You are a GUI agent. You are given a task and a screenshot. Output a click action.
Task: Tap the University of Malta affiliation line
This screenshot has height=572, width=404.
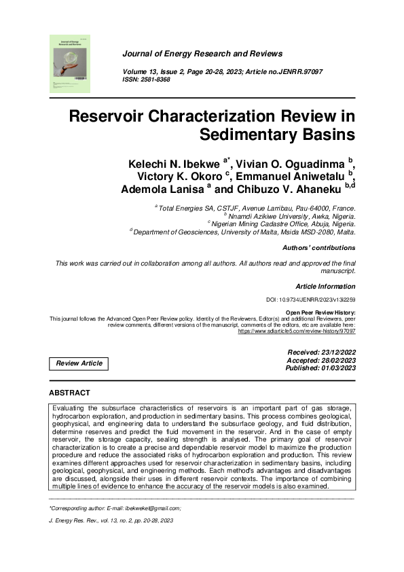click(243, 231)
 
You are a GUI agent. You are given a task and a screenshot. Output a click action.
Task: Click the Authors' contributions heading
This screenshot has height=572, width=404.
click(318, 248)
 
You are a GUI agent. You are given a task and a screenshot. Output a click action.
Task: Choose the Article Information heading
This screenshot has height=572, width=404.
click(325, 286)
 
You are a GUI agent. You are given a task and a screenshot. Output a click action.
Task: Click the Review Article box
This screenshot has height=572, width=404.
click(79, 363)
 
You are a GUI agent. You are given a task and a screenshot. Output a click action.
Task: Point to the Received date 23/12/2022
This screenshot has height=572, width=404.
click(322, 353)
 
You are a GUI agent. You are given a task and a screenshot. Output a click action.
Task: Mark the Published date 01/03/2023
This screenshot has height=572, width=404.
click(320, 368)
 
